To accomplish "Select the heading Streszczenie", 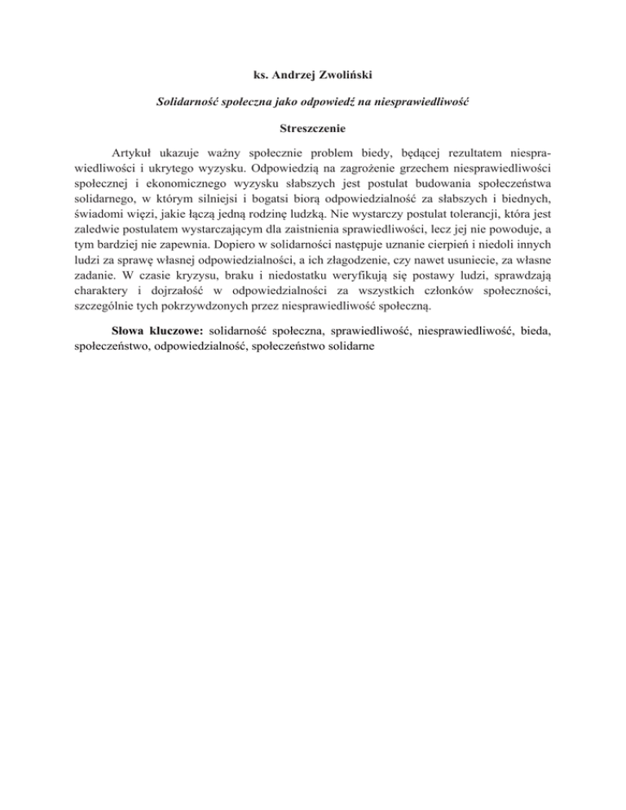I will [x=313, y=128].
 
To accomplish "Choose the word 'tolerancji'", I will [x=462, y=222].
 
